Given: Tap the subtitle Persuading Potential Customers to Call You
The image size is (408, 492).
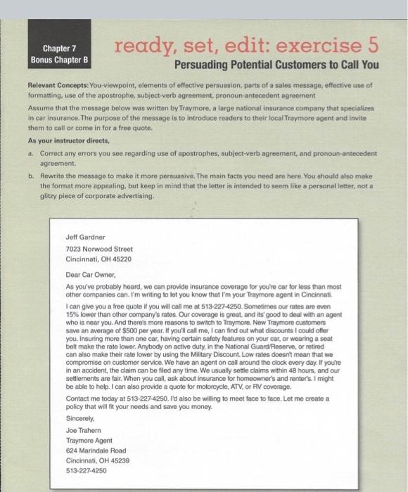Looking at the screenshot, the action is point(276,65).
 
